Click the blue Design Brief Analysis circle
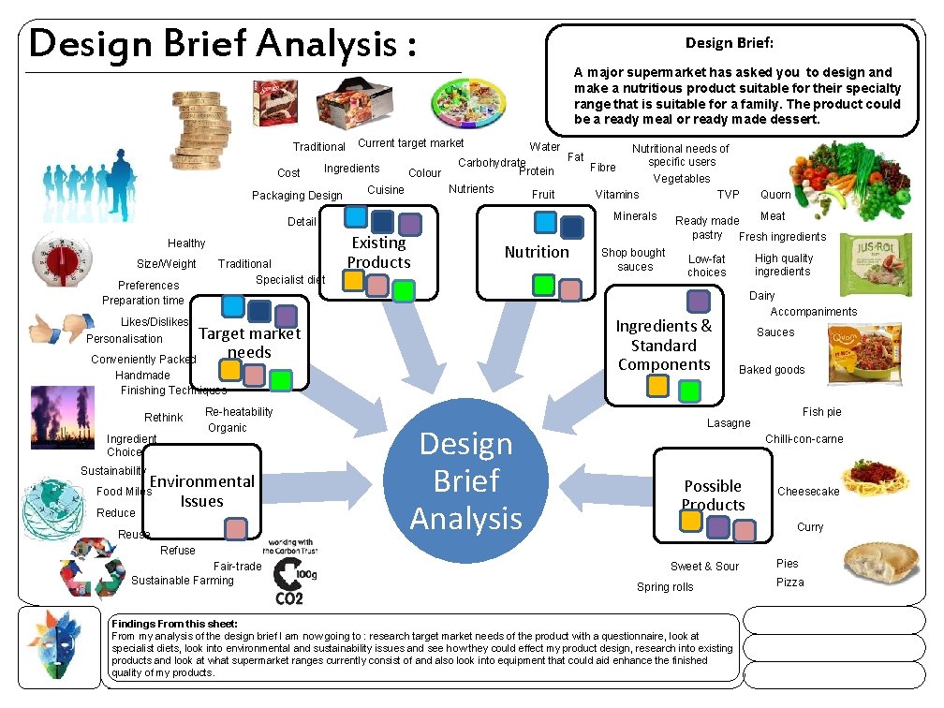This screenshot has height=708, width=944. coord(466,481)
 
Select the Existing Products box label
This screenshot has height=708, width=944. coord(378,253)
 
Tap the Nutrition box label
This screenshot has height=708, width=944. coord(537,252)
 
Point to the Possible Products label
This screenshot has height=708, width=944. coord(713,495)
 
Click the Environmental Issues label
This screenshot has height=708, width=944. coord(202,491)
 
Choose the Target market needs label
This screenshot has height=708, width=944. coord(249,343)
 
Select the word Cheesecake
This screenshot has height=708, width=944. coord(808,492)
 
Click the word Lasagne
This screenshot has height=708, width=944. coord(729,423)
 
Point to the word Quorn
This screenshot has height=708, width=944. coord(775,195)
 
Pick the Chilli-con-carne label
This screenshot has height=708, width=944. coord(804,439)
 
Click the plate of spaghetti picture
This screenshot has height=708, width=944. coord(875,479)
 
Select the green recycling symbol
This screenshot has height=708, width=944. coord(94,577)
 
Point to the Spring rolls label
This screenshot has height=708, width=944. coord(665,587)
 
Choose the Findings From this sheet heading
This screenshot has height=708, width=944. coord(175,624)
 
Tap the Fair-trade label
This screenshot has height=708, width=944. coord(237,566)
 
